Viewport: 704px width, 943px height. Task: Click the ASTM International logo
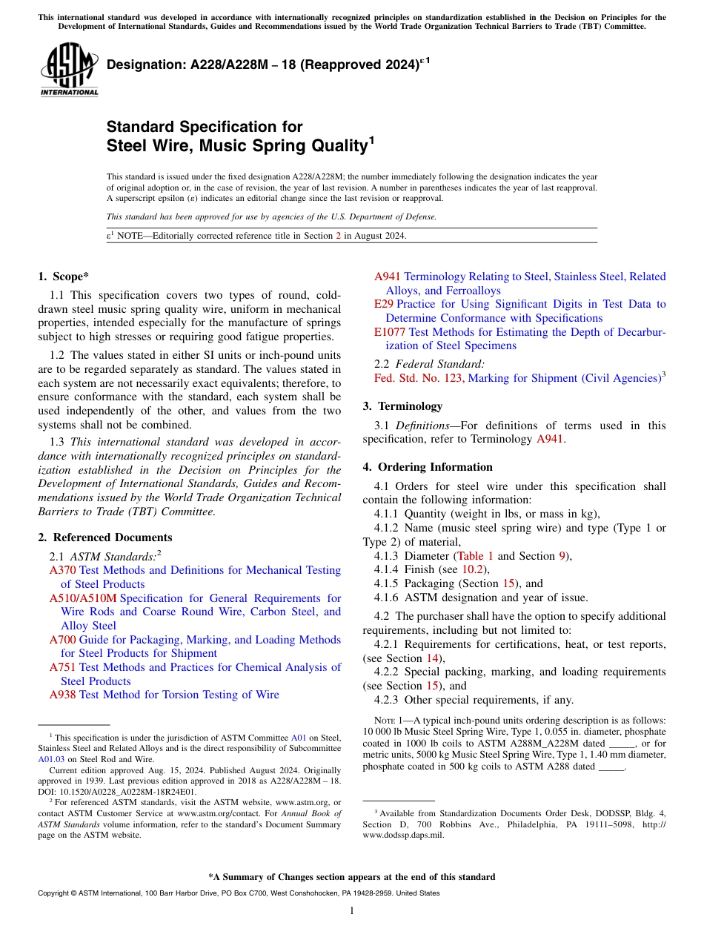[x=69, y=70]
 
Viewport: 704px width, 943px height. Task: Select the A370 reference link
[x=62, y=570]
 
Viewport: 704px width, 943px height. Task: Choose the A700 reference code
[x=62, y=640]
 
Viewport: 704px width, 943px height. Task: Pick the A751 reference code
[x=62, y=667]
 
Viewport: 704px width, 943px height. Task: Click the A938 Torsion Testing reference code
[x=62, y=695]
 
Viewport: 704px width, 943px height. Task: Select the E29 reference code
[x=383, y=304]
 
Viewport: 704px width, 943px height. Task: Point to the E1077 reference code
[x=390, y=332]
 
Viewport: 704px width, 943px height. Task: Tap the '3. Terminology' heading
[x=402, y=406]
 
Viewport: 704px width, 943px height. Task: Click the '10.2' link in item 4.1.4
[x=471, y=570]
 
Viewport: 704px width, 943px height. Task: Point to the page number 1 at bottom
[x=352, y=911]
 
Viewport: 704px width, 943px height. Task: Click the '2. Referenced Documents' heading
[x=104, y=537]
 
